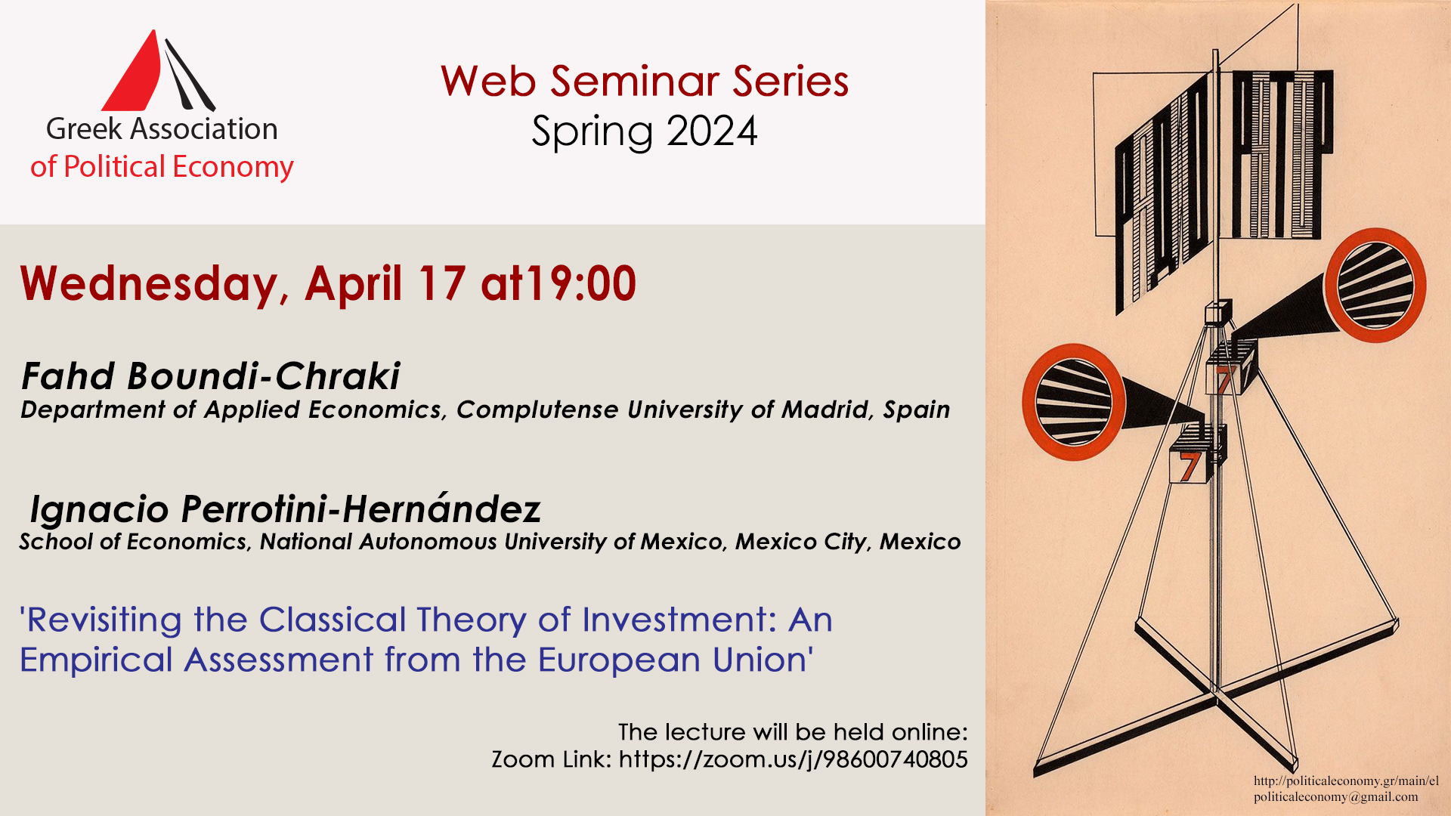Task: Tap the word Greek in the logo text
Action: pos(83,130)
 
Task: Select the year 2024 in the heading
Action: pos(712,131)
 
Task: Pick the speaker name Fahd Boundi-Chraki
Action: pos(211,376)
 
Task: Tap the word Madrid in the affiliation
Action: pos(827,410)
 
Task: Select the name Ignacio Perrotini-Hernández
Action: pos(285,509)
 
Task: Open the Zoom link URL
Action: pos(793,759)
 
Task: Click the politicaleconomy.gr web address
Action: pos(1346,781)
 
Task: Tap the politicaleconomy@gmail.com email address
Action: pos(1335,797)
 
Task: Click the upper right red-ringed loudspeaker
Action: pos(1375,285)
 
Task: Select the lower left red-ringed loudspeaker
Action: pos(1073,403)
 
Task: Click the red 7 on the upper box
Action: pos(1224,380)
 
